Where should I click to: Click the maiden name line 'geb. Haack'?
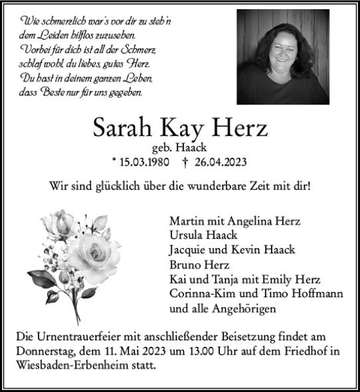(x=180, y=149)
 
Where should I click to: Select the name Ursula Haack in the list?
(x=203, y=236)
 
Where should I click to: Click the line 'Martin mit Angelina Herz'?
(x=234, y=221)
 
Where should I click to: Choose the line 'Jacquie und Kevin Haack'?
(x=232, y=250)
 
